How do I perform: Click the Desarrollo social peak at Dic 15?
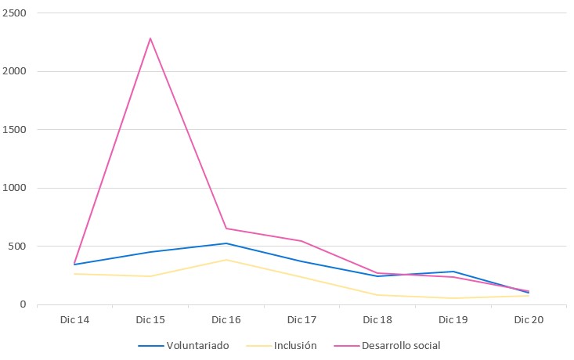[150, 38]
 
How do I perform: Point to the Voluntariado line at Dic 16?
[226, 243]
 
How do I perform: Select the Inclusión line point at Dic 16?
[226, 260]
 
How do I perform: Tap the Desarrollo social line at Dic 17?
[301, 241]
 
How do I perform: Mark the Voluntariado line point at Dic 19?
[453, 272]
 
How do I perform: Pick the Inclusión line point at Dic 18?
[377, 295]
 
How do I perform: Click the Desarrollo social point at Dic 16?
[226, 229]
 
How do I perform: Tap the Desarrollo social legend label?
[403, 345]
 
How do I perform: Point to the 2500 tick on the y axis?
[14, 13]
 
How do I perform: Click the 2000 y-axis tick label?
[14, 72]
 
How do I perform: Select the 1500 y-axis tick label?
[14, 130]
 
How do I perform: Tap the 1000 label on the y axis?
[14, 189]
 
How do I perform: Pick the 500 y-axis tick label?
[17, 247]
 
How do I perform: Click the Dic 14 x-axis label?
[74, 320]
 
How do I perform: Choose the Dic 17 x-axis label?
[301, 320]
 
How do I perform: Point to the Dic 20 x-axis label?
[529, 320]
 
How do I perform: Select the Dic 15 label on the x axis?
[150, 320]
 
